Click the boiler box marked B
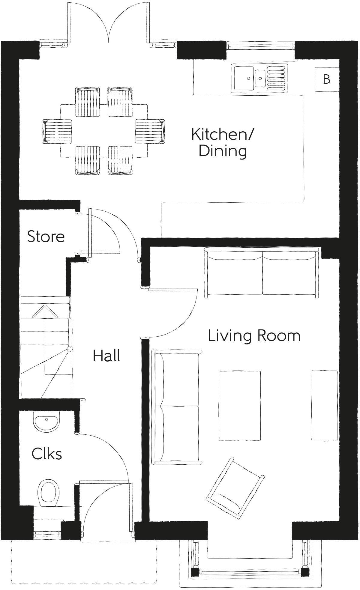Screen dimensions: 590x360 coord(326,79)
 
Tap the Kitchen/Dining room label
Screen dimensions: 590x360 coord(222,142)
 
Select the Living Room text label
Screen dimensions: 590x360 coord(254,335)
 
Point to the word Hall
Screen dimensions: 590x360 coord(106,356)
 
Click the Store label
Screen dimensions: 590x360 coord(46,237)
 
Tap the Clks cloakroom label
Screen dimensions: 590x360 coord(47,454)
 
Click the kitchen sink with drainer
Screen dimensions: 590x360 coord(259,78)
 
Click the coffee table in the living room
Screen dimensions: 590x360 coord(239,406)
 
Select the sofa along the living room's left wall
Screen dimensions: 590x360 coord(177,406)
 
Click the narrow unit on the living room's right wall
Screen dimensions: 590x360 coord(324,406)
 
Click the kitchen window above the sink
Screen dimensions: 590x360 coord(260,46)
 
